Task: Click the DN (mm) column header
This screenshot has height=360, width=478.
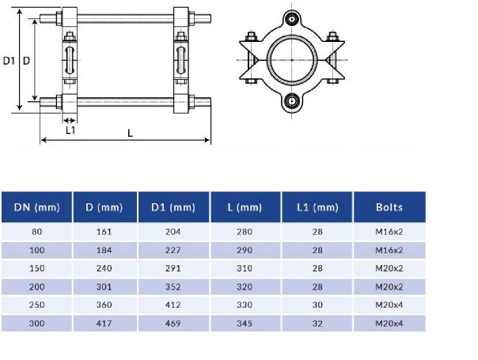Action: click(36, 207)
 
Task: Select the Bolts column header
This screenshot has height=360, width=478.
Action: click(389, 207)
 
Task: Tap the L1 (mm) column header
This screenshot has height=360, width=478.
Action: click(317, 207)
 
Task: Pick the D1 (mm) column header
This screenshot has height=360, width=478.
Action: click(173, 207)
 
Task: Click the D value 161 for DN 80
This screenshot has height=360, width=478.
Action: click(104, 232)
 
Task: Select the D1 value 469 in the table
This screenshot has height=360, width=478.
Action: click(173, 324)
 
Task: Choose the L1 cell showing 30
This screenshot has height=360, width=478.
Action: click(317, 305)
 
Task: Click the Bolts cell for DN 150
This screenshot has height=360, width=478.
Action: click(389, 268)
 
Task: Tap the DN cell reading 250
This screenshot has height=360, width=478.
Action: click(36, 305)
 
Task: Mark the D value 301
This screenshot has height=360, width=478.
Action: click(104, 287)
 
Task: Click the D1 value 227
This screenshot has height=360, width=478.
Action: click(173, 250)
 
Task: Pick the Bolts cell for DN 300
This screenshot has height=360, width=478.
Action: click(389, 324)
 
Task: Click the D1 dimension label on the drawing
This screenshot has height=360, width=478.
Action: click(9, 60)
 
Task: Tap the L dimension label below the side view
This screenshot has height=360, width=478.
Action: click(130, 133)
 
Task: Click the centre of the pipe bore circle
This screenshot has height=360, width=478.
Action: click(294, 59)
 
